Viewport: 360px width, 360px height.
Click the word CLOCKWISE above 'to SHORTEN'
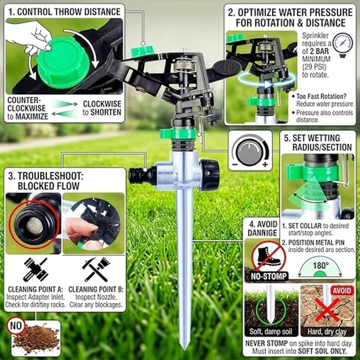pyautogui.click(x=102, y=103)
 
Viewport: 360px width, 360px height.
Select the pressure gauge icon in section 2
pyautogui.click(x=343, y=45)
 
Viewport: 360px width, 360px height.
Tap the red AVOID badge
pyautogui.click(x=341, y=291)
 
